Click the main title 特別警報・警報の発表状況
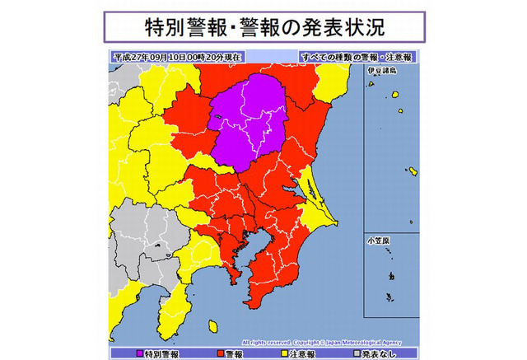point(263,26)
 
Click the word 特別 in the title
point(152,26)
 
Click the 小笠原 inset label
point(380,240)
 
